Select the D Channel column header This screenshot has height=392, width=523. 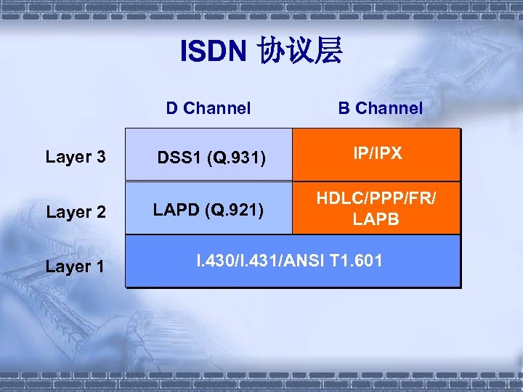(208, 108)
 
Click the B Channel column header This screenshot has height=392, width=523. (379, 108)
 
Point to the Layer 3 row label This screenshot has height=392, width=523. (76, 157)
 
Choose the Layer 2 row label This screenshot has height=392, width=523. (76, 212)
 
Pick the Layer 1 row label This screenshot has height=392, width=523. (76, 266)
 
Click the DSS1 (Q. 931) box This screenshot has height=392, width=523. (208, 155)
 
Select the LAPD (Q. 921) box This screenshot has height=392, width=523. (208, 208)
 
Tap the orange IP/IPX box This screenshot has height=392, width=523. (376, 154)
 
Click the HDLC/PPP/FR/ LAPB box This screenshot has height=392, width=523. (376, 208)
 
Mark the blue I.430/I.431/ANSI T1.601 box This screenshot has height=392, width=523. (293, 261)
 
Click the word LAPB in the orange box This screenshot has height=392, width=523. (376, 219)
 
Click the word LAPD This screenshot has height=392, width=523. (177, 211)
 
